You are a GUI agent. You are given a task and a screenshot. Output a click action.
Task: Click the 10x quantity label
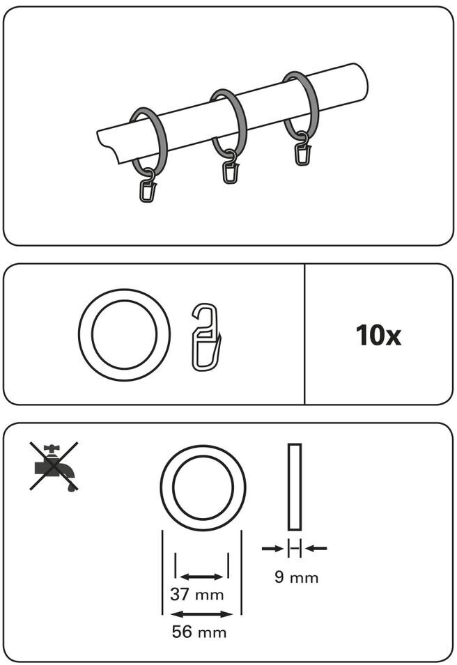[378, 336]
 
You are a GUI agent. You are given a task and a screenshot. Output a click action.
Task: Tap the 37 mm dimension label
[197, 595]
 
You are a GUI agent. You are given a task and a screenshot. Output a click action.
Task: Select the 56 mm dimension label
[199, 632]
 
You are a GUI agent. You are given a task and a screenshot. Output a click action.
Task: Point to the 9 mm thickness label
[296, 577]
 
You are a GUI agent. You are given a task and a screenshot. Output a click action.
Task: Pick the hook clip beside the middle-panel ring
[206, 336]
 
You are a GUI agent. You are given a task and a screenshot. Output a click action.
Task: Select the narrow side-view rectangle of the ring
[294, 487]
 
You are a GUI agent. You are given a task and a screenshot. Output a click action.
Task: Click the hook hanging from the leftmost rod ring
[148, 189]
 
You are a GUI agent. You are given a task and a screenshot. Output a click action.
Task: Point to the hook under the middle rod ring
[231, 171]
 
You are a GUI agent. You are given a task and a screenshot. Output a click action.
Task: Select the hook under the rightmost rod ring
[302, 152]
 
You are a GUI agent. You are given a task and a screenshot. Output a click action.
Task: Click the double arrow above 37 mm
[201, 577]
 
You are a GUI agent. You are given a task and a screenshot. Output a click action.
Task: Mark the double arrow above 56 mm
[201, 614]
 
